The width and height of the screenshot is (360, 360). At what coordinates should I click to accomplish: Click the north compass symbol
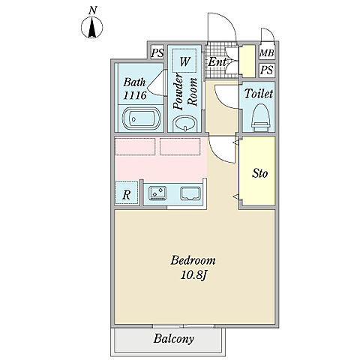point(92,28)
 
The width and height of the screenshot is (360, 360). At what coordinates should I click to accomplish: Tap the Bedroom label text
point(193,260)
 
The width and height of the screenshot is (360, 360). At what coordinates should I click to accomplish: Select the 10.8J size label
point(193,275)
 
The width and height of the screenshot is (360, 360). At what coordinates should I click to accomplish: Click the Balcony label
point(173,339)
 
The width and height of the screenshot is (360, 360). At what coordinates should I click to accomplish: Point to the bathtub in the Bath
point(141,118)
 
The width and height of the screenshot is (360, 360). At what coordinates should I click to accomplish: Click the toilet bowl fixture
point(261,118)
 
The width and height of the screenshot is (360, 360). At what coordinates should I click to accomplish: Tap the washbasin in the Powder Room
point(185,124)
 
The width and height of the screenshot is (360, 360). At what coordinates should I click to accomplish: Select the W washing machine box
point(184,61)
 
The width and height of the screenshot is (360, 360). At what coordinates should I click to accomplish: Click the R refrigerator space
point(127,193)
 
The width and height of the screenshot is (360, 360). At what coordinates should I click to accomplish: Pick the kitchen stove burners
point(157,193)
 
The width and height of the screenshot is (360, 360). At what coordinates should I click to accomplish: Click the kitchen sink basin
point(190,193)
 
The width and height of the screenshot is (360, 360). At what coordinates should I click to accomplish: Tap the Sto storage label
point(260,173)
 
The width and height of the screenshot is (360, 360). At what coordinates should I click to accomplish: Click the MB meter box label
point(267,53)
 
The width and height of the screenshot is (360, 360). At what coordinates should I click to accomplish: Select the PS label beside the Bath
point(157,52)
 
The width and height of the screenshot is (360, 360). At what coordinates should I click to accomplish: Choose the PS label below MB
point(266,70)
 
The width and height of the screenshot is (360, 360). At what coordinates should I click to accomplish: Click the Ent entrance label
point(217,61)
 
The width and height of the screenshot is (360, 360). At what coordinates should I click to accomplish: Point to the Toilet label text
point(259,94)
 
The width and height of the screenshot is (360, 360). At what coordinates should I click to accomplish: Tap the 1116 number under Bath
point(135,95)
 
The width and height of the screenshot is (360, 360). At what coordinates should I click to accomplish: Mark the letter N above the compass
point(92,10)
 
